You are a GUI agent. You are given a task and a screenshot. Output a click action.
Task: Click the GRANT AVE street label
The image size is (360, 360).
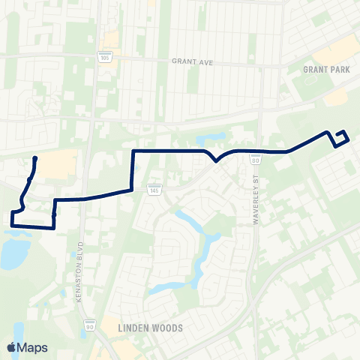(x=193, y=62)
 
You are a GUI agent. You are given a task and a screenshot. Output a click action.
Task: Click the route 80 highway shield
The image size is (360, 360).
(x=256, y=160)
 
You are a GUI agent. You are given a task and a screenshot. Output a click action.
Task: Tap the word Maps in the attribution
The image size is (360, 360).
(x=32, y=347)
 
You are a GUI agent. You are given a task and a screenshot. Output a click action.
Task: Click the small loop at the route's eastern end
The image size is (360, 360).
(x=341, y=137)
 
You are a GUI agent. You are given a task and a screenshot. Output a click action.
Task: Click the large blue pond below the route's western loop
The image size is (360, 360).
(x=13, y=252)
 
